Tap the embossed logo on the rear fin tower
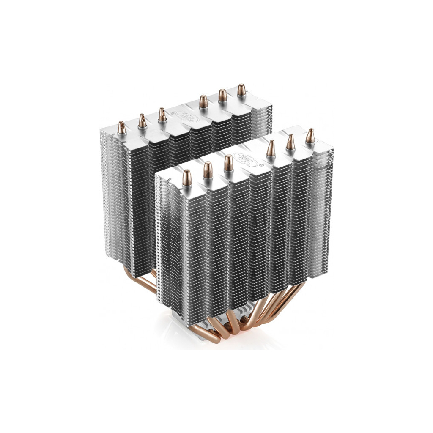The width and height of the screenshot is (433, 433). pyautogui.click(x=185, y=115)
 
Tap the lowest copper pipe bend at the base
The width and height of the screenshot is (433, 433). pyautogui.click(x=211, y=338)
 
